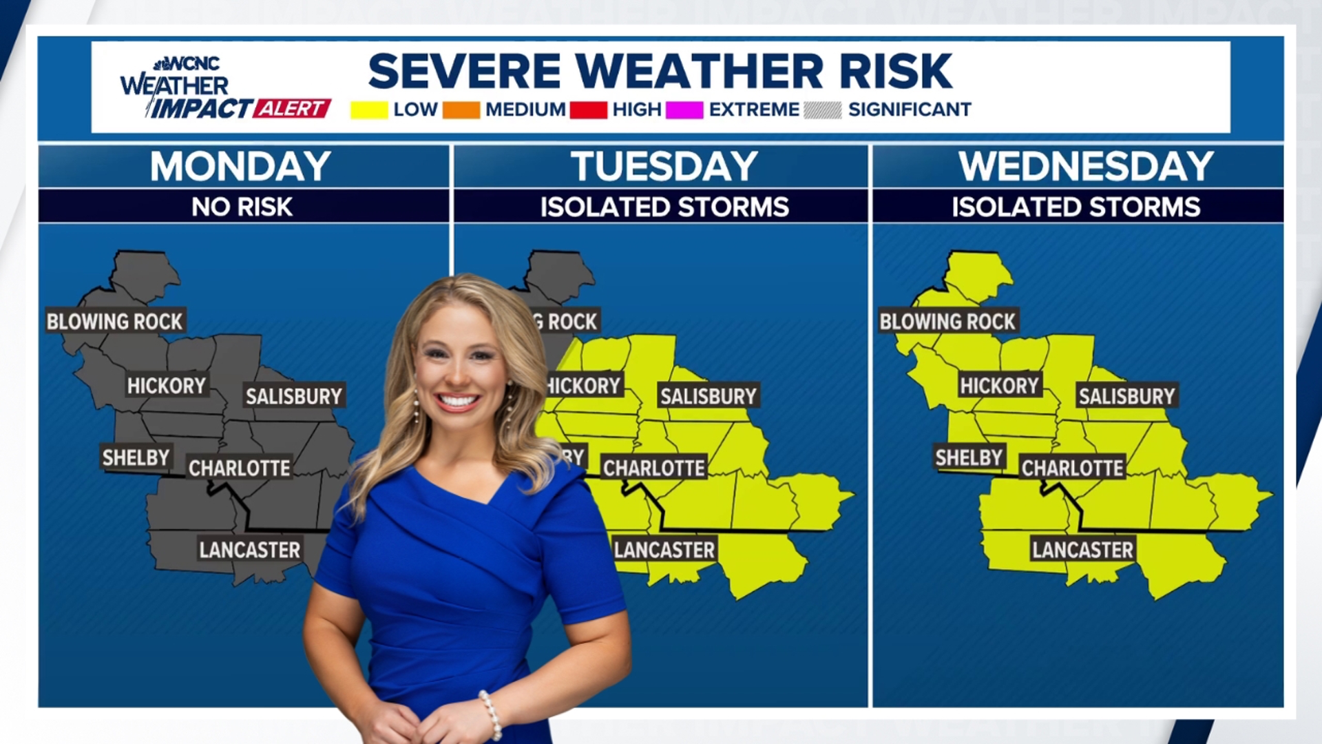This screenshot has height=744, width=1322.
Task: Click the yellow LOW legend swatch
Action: [369, 110]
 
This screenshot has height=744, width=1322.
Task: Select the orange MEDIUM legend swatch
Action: [461, 110]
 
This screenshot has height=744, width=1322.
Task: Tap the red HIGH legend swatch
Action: [588, 110]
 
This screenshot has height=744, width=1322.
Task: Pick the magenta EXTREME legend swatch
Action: [684, 110]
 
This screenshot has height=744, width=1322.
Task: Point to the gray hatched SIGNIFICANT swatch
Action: [822, 110]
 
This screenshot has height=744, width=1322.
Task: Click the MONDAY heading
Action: [241, 167]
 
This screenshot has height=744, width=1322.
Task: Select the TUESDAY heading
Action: [664, 167]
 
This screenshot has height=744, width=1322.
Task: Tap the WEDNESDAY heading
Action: [1085, 167]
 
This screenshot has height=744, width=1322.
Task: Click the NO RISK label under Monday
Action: [242, 207]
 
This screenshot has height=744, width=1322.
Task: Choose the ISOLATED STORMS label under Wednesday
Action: [1076, 207]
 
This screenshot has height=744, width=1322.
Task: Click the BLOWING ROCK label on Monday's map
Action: [114, 321]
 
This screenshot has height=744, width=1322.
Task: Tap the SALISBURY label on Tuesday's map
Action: [708, 396]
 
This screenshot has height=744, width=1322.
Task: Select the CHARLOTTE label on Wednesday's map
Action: [1072, 468]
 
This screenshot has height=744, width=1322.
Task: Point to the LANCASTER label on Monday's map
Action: [249, 550]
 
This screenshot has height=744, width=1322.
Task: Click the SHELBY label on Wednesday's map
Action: [968, 457]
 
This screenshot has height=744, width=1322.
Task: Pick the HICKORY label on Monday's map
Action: [166, 386]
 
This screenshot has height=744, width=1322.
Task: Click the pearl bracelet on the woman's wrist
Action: [491, 715]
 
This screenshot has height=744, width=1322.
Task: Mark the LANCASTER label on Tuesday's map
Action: [664, 550]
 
